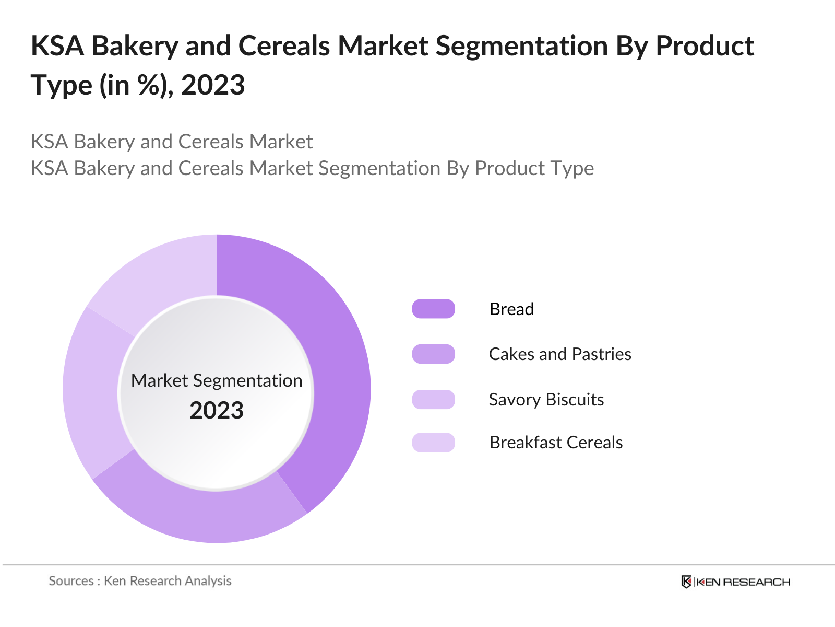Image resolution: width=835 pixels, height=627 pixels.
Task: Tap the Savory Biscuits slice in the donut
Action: click(x=94, y=392)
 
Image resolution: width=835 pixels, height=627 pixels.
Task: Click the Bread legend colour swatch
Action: click(x=433, y=309)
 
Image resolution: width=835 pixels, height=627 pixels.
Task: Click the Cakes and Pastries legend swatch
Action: click(x=433, y=354)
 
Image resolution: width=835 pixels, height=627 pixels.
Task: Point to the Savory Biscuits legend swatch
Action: click(x=433, y=399)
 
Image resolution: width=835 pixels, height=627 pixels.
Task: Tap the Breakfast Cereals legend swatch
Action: click(x=433, y=443)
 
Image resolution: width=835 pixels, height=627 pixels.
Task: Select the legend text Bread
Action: click(x=511, y=309)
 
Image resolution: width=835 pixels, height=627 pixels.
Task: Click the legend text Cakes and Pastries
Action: click(x=559, y=354)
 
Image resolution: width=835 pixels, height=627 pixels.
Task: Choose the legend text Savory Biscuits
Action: click(x=546, y=399)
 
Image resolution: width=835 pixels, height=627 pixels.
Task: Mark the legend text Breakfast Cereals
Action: click(x=556, y=443)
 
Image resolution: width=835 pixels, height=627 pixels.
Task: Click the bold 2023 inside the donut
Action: click(x=217, y=411)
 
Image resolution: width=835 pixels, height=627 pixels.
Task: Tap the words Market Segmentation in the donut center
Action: click(x=217, y=381)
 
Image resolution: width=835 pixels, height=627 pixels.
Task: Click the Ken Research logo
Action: click(x=736, y=582)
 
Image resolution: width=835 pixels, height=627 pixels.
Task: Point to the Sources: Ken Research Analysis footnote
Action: click(x=140, y=581)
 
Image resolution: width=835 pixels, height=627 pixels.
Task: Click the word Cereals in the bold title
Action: click(x=284, y=46)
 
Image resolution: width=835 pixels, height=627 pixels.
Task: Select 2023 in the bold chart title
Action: click(x=213, y=85)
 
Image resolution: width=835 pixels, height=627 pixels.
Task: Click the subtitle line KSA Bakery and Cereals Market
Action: click(x=172, y=142)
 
